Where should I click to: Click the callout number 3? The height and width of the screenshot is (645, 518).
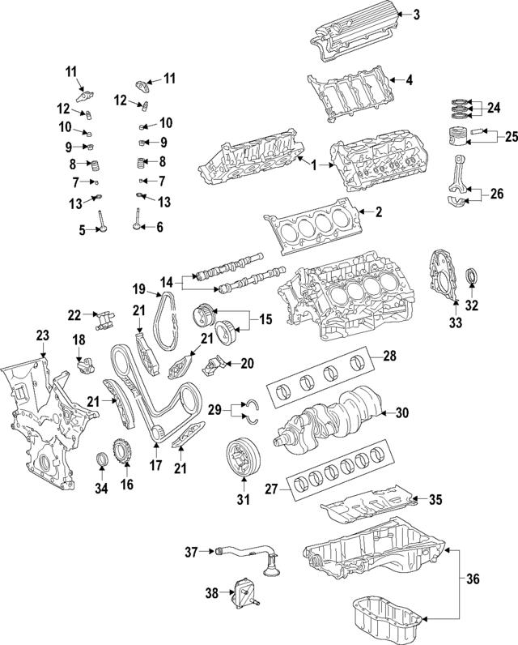[x=417, y=14]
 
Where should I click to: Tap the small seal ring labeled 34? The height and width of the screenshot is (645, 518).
[x=102, y=462]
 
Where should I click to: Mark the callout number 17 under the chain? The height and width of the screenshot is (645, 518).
[x=155, y=467]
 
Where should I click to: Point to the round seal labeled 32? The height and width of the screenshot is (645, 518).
[x=474, y=284]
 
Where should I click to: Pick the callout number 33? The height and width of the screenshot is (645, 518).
[x=454, y=322]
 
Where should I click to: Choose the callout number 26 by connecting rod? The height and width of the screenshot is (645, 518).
[x=496, y=194]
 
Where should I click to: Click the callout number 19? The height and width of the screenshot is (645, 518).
[x=138, y=289]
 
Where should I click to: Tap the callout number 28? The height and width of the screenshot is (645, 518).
[x=388, y=356]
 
